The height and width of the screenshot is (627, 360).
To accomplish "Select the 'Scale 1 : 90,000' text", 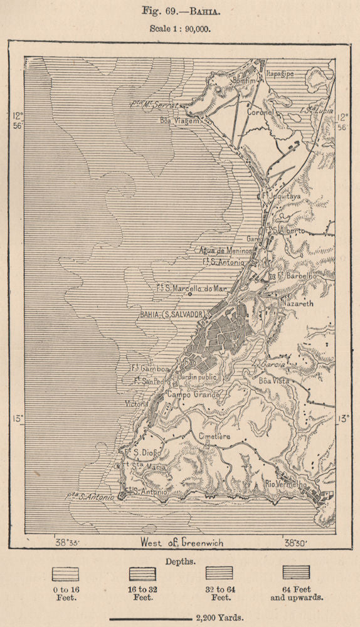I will pos(179,28).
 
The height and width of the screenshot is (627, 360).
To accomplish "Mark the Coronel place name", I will pos(260,112).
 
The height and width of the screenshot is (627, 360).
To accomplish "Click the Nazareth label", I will pos(299,302).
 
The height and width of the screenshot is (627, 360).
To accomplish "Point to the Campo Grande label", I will pos(193,395).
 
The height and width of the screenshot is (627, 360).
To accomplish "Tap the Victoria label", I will pos(137,404).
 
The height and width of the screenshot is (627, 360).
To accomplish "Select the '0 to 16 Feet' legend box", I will pos(65,572).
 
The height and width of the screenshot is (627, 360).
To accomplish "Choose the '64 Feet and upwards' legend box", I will pos(295,572).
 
